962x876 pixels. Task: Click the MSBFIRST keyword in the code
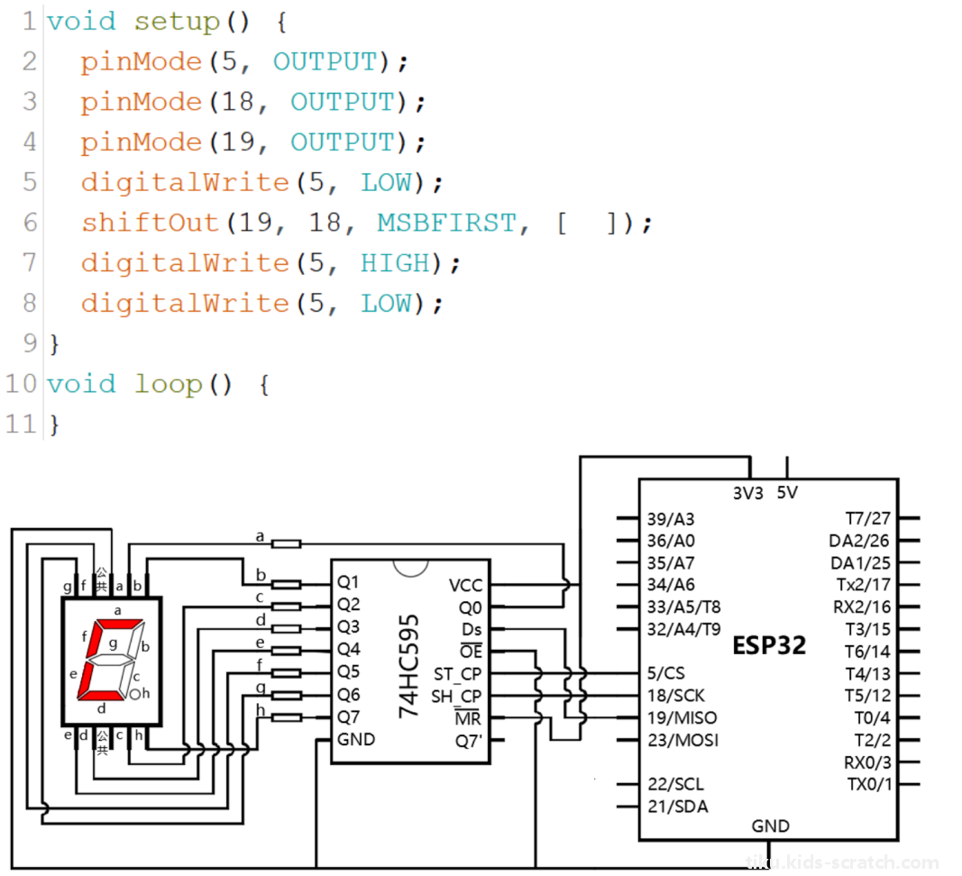[446, 223]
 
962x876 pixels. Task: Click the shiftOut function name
[151, 223]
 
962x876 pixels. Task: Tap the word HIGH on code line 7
[396, 263]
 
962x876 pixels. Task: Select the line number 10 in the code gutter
[22, 384]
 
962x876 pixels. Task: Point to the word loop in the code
[169, 385]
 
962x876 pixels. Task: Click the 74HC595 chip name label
[408, 666]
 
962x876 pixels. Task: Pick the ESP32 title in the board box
[769, 645]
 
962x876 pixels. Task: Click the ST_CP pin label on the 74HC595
[458, 674]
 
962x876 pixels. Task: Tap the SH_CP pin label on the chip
[456, 697]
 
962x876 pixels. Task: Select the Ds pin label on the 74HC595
[472, 630]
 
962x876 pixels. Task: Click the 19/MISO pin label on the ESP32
[683, 717]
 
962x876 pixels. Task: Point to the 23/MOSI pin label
[683, 740]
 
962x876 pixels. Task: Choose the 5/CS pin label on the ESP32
[665, 673]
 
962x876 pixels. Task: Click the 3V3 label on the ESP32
[748, 493]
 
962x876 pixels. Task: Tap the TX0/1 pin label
[869, 784]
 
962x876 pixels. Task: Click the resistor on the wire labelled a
[286, 543]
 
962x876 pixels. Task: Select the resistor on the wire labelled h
[286, 717]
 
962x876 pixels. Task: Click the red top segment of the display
[119, 625]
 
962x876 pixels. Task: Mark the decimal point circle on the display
[134, 695]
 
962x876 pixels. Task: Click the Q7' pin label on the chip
[470, 741]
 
